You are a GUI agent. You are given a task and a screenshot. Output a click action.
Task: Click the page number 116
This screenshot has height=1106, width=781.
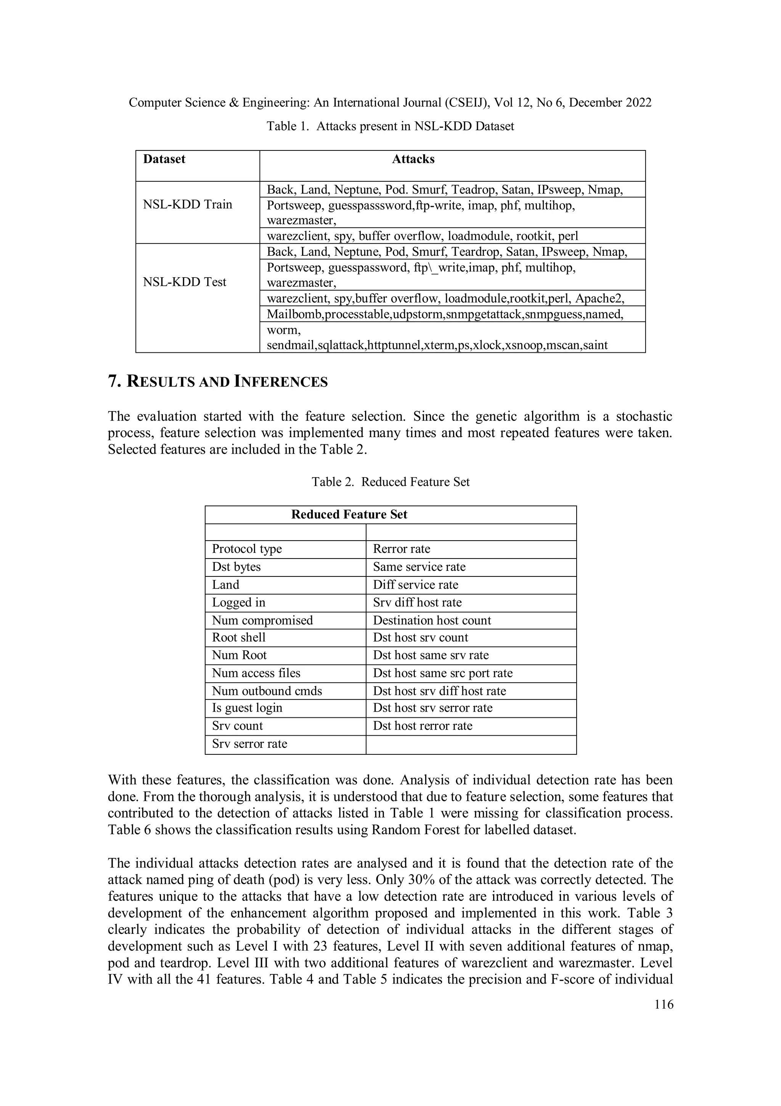[664, 1004]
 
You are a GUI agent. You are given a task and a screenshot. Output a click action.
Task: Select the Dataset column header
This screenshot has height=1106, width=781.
[164, 160]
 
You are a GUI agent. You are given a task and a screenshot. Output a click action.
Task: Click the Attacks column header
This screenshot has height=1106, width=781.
[413, 160]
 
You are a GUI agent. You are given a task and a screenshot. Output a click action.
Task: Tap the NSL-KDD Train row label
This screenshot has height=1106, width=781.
[187, 205]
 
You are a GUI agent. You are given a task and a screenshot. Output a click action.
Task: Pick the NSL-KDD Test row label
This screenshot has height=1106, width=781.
[184, 282]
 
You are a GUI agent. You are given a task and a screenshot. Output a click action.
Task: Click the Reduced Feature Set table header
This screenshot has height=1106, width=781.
[349, 515]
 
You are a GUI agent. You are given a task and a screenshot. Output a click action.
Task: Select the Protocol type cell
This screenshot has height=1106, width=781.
[247, 549]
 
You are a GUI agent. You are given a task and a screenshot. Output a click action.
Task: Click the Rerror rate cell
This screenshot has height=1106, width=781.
[401, 549]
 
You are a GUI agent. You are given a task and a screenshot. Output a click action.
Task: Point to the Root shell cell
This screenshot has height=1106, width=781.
[239, 638]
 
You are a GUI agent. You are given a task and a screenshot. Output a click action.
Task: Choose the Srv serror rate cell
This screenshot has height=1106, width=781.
[249, 744]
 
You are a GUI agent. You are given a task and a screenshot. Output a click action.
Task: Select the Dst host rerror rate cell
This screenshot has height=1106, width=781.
[423, 726]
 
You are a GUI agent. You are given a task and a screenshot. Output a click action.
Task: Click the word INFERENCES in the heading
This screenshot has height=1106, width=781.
[281, 382]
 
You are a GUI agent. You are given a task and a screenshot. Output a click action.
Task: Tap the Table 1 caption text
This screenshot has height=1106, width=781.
[390, 126]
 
